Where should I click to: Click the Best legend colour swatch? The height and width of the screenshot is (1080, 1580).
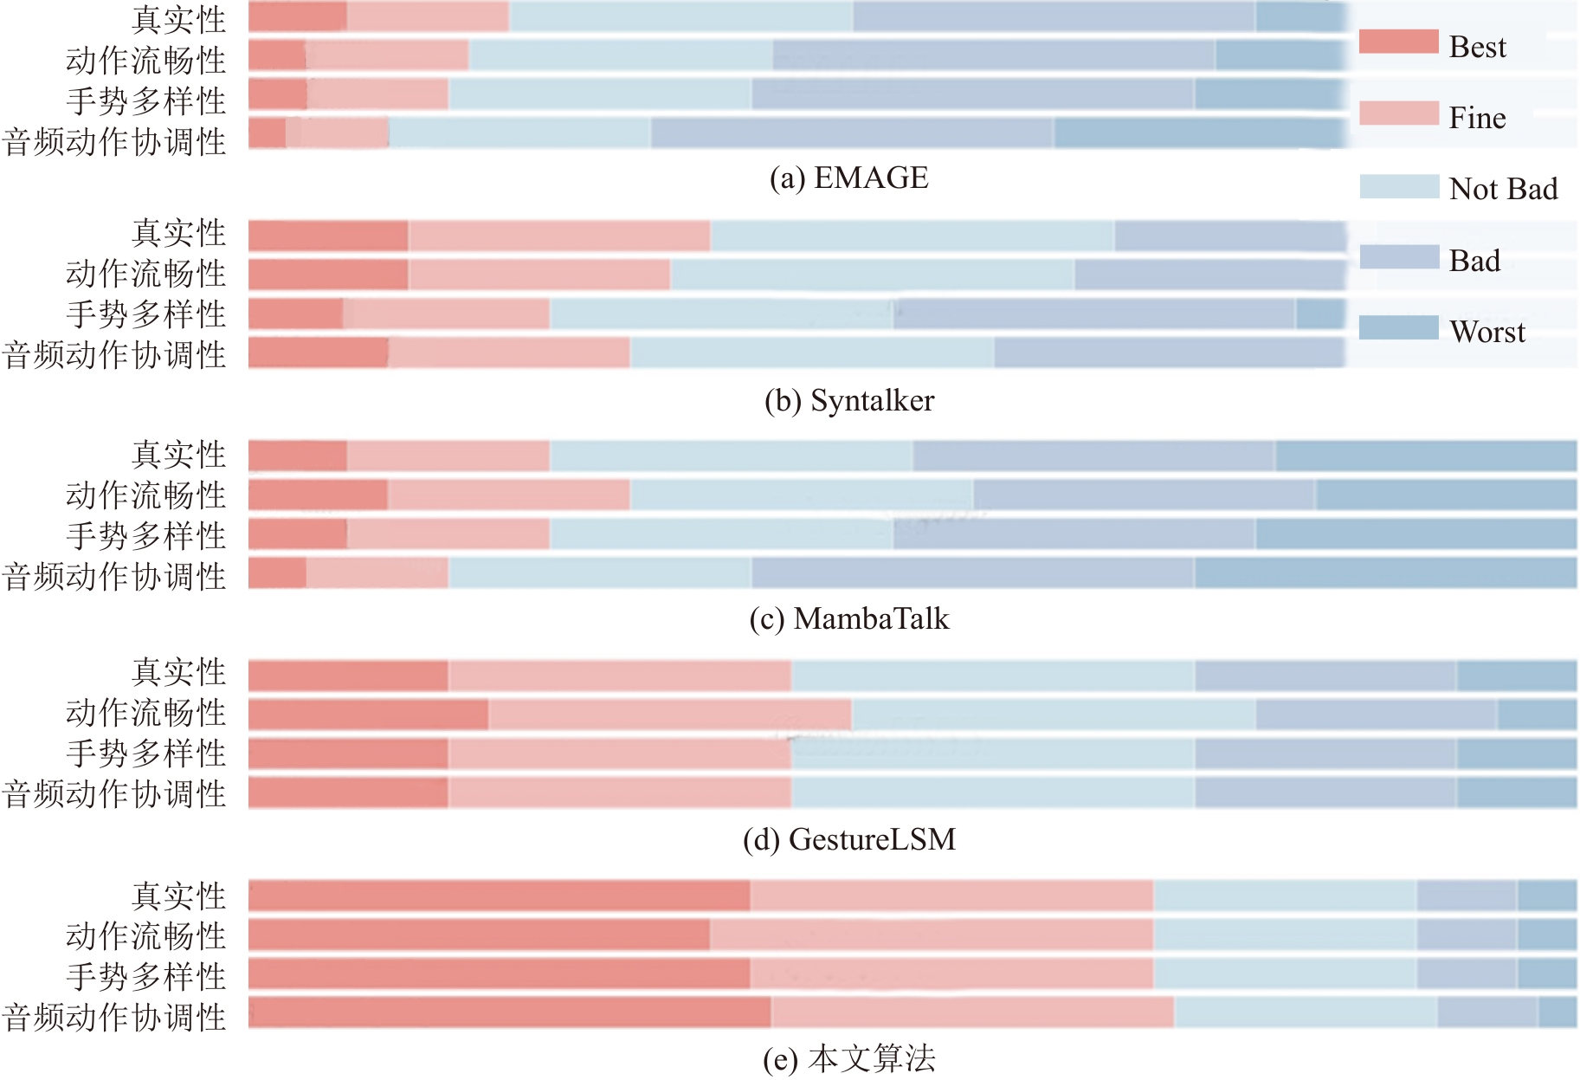click(1398, 42)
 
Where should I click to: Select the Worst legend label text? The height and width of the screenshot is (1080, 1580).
click(1486, 332)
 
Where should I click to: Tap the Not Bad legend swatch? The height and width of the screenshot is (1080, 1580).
click(1398, 186)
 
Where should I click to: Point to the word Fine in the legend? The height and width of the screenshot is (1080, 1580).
click(1477, 118)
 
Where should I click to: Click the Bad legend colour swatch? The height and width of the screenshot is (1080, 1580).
click(1398, 257)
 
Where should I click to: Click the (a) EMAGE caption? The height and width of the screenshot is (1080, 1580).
click(848, 178)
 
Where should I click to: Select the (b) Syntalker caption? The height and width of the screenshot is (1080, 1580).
click(848, 400)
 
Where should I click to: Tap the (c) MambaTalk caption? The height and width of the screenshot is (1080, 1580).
click(848, 618)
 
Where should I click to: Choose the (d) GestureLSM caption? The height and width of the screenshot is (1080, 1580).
click(848, 839)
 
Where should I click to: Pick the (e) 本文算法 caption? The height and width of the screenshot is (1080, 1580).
click(848, 1058)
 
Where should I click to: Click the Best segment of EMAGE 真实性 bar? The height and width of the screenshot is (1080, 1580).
click(297, 16)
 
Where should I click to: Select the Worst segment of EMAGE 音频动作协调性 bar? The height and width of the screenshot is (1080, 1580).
click(1199, 133)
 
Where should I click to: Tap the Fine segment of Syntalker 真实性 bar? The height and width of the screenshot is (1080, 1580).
click(558, 236)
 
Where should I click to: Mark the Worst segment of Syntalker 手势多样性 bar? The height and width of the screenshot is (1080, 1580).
click(1319, 314)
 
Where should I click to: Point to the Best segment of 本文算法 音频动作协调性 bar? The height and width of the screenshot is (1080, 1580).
click(509, 1012)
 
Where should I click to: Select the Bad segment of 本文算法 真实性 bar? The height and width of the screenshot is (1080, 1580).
click(1466, 896)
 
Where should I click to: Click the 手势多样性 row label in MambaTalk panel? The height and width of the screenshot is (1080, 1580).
click(145, 535)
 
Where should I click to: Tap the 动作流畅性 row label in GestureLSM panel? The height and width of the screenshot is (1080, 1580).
click(145, 713)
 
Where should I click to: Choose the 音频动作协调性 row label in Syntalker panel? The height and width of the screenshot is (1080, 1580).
click(114, 355)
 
